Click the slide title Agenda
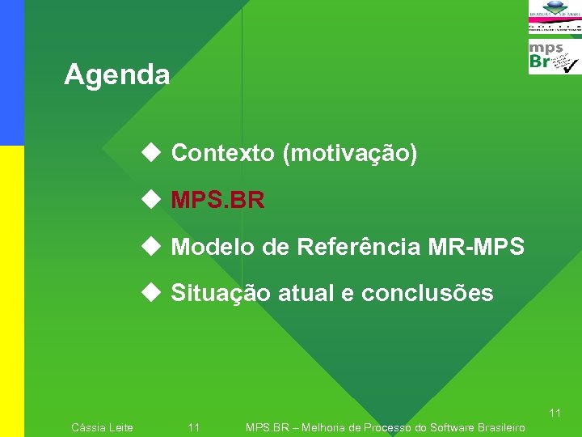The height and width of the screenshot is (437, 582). pos(117,75)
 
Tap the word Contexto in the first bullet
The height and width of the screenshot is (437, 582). pos(223,153)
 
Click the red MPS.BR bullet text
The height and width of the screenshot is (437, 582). pos(217,200)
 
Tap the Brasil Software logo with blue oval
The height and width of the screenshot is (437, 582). pos(555,10)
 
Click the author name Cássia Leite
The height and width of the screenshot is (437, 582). pos(103,427)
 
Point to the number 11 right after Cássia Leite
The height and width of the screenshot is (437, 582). pos(194,427)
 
